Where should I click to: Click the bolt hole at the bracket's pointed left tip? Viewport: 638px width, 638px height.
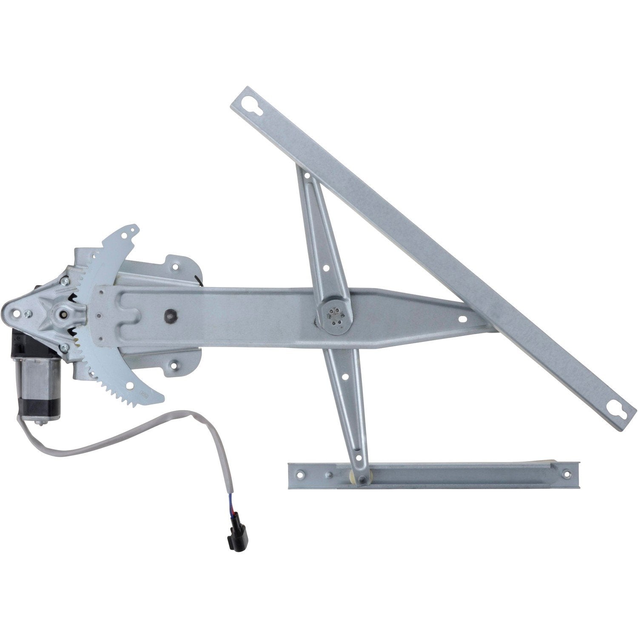click(17, 313)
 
